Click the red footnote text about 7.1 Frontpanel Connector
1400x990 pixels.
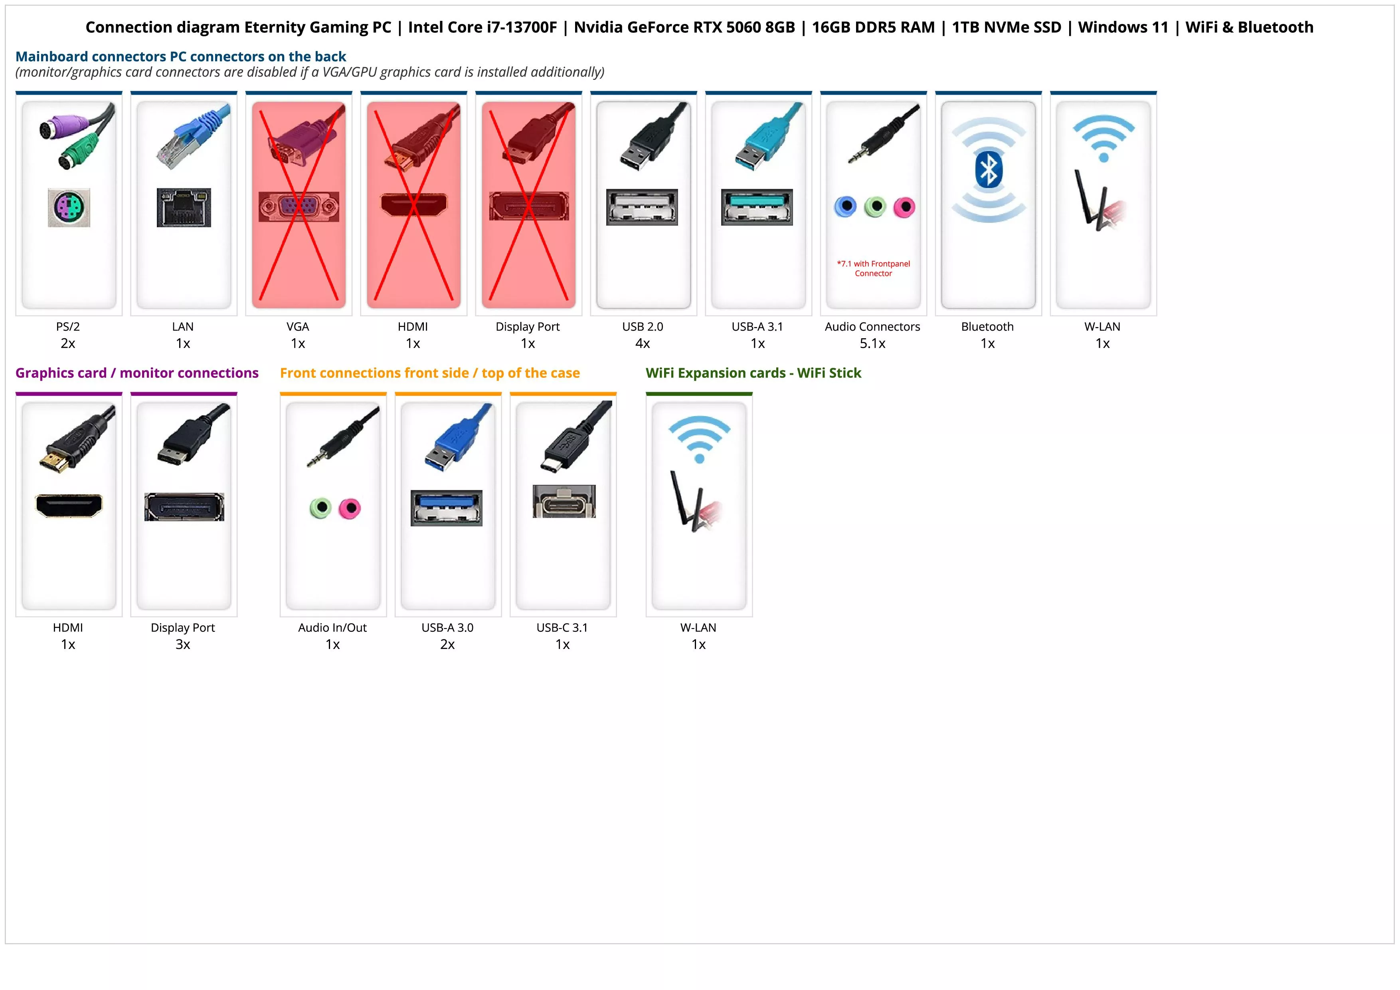873,268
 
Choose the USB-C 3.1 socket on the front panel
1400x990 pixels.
564,502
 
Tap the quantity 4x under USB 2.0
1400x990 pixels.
643,343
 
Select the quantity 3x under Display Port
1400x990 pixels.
183,644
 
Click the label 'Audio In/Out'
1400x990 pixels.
332,628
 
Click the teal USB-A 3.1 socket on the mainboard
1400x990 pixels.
757,207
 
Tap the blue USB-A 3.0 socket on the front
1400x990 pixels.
446,508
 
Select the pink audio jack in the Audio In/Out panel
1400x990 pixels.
350,508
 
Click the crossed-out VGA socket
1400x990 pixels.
299,207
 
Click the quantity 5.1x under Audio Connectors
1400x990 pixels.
872,343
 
